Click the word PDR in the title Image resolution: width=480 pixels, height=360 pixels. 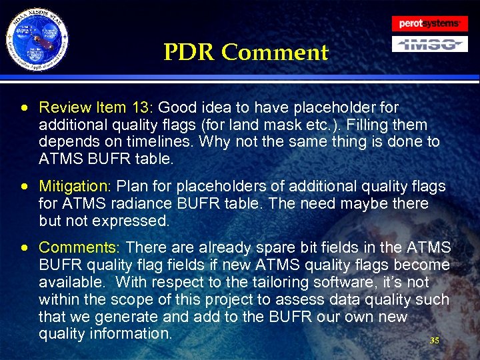[x=189, y=52]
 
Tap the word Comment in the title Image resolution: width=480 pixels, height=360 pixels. [x=275, y=52]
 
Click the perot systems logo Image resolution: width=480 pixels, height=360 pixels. [x=429, y=23]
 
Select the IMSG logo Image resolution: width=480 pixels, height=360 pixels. [x=429, y=44]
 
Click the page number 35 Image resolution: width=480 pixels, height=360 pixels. [x=435, y=341]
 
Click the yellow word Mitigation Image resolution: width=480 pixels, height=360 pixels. [x=76, y=186]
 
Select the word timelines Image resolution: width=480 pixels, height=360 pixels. [x=163, y=142]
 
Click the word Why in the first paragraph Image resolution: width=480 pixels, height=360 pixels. [x=215, y=142]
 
